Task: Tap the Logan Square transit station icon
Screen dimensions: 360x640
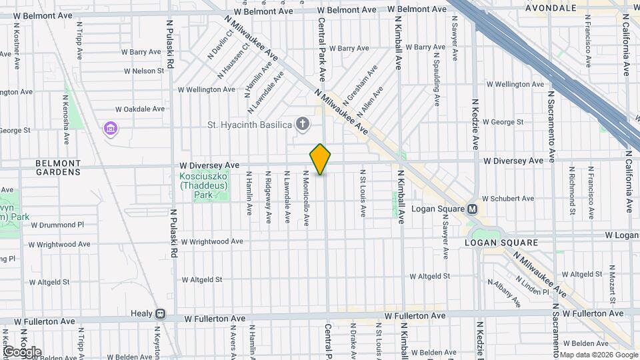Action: coord(473,209)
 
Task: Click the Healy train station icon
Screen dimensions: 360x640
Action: coord(160,313)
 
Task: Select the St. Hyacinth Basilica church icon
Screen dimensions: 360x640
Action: coord(303,124)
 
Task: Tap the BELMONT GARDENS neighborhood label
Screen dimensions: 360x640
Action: coord(58,167)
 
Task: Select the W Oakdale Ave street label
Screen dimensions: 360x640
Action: coord(139,109)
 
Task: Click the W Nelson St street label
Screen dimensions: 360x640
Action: coord(143,71)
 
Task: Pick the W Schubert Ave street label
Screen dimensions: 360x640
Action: coord(508,199)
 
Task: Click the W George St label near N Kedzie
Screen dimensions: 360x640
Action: coord(503,122)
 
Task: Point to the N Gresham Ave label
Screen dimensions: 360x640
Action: coord(360,83)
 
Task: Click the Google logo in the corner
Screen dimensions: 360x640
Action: coord(22,352)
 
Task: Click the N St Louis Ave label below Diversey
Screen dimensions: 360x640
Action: coord(363,193)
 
